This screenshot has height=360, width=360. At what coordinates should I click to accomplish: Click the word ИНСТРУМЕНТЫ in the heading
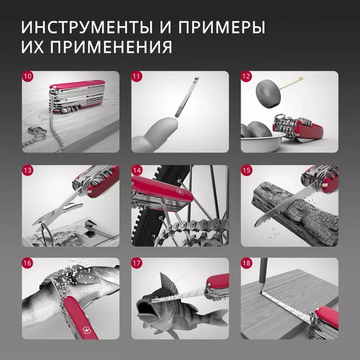tap(87, 28)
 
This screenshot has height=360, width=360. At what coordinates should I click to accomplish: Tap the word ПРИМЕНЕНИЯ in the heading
tap(111, 47)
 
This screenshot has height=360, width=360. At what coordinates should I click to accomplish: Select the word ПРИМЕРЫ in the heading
tap(222, 28)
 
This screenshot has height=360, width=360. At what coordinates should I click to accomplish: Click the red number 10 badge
tap(28, 76)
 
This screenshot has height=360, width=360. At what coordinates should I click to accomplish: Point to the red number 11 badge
tap(137, 76)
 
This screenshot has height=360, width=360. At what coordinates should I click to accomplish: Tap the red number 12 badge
tap(246, 76)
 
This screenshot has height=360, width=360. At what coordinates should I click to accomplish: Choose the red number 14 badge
tap(137, 171)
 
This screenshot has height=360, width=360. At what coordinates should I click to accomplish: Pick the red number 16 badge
tap(28, 263)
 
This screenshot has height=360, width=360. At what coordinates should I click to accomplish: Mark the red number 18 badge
tap(246, 263)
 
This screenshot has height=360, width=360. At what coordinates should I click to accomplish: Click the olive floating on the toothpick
tap(268, 94)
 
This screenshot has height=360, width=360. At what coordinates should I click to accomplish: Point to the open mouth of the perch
tap(144, 307)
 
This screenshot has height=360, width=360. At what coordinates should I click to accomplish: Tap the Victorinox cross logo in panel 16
tap(87, 330)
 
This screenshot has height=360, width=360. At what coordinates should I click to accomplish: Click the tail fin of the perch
tap(218, 317)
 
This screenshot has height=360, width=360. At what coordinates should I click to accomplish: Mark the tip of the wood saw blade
tap(255, 225)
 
